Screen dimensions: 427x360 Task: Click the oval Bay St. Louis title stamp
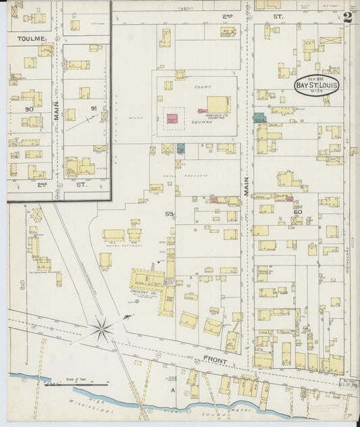(317, 86)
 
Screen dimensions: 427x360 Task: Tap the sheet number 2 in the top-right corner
(346, 17)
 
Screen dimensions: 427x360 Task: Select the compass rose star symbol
(101, 330)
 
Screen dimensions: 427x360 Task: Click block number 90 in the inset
(29, 109)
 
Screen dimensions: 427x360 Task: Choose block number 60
(297, 211)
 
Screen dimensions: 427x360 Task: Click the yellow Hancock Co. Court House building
(217, 104)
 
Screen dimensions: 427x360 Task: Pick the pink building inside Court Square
(173, 118)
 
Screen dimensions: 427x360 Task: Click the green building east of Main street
(259, 117)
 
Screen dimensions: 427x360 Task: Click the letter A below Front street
(172, 391)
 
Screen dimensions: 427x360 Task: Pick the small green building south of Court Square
(180, 148)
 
